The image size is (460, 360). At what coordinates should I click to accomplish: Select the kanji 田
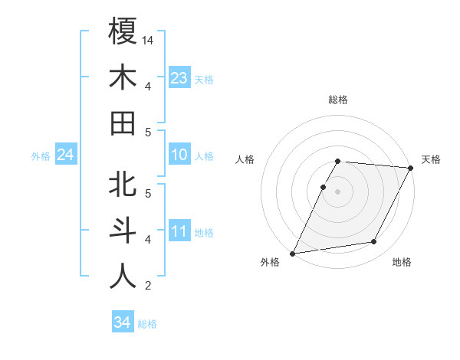point(123,123)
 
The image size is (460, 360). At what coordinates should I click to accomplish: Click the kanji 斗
point(123,231)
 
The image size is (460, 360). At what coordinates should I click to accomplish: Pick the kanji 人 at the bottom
point(123,277)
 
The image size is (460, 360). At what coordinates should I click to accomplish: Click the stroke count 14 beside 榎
point(149,40)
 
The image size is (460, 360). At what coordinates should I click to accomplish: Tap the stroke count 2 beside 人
point(148,286)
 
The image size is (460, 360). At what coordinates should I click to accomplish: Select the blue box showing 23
point(179,77)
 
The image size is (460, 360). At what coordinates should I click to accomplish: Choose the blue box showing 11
point(179,231)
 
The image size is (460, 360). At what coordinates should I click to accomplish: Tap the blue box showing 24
point(65,155)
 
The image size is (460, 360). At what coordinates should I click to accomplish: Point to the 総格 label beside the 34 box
point(148,324)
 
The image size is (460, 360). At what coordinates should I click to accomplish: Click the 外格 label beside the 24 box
point(41,156)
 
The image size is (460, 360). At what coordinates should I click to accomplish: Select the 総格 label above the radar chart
point(338,100)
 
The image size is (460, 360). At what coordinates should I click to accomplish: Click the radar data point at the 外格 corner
point(292,254)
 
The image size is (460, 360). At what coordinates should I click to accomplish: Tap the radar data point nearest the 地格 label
point(374,242)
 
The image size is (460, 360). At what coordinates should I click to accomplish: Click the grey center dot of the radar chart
point(338,191)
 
